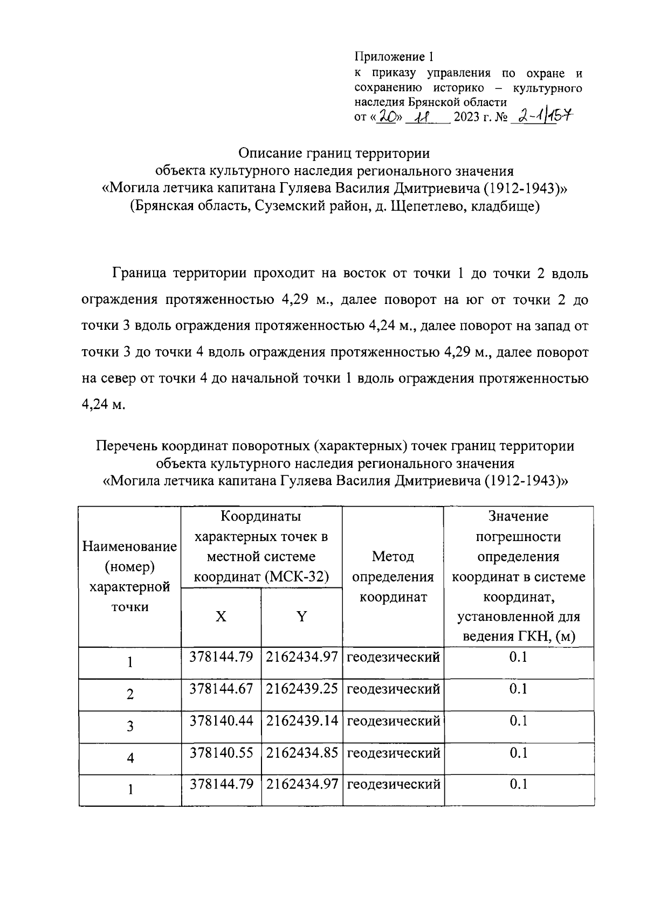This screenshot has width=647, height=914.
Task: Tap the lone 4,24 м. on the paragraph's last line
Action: point(103,404)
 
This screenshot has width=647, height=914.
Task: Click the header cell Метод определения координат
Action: point(393,577)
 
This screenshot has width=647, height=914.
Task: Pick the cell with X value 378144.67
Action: point(221,689)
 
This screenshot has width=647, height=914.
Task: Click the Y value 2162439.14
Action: point(302,721)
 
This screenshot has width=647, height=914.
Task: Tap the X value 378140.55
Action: point(221,753)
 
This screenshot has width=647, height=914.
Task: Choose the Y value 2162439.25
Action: point(302,689)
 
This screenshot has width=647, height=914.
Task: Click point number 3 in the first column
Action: point(130,726)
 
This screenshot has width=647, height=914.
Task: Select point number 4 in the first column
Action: point(130,758)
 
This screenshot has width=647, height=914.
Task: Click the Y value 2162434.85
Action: point(302,753)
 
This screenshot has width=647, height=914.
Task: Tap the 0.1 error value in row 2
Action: point(518,689)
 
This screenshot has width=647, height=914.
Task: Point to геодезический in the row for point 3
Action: point(393,721)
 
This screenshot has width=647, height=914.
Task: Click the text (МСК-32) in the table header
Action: point(297,577)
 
